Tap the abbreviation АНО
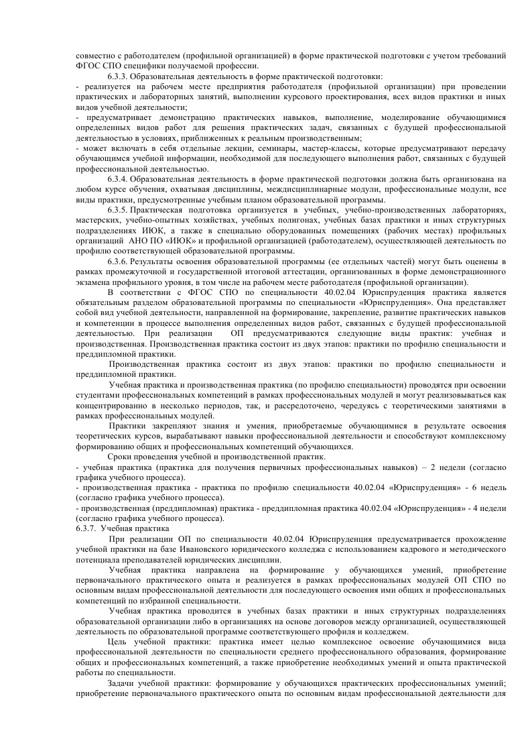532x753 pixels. coord(138,240)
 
